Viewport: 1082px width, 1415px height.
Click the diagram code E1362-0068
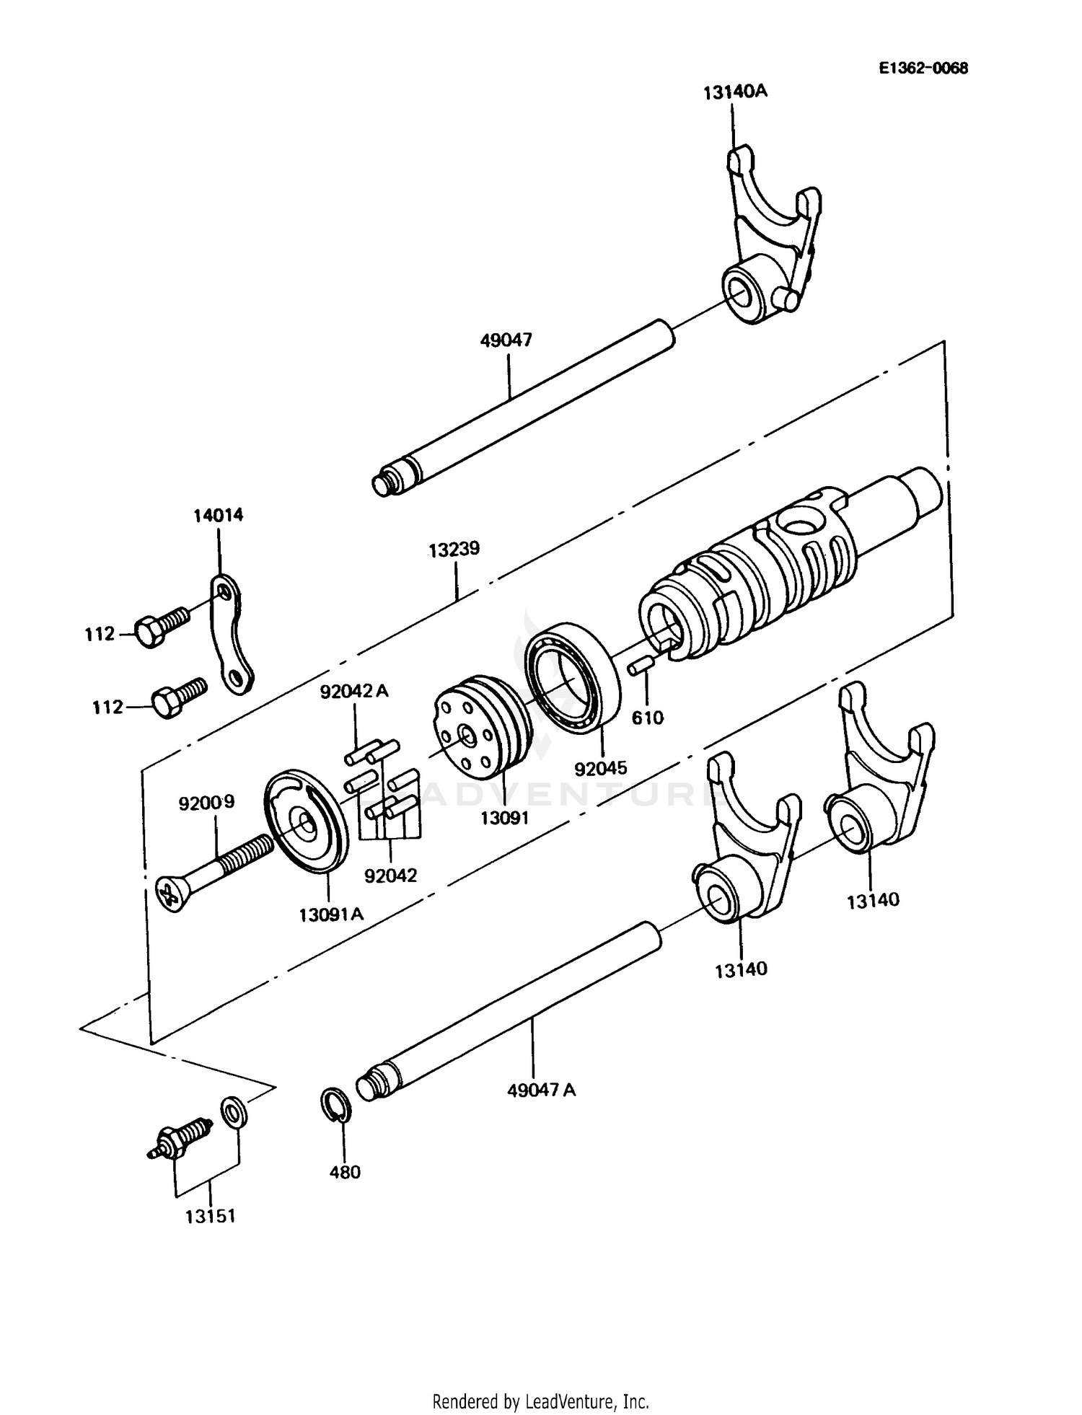[x=923, y=69]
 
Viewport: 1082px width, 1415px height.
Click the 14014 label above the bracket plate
[x=218, y=516]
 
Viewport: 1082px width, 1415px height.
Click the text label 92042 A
[x=354, y=692]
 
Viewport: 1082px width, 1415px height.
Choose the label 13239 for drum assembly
[x=454, y=550]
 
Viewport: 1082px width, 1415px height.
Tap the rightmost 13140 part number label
[x=873, y=900]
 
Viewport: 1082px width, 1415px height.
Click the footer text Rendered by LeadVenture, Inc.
[x=540, y=1401]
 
